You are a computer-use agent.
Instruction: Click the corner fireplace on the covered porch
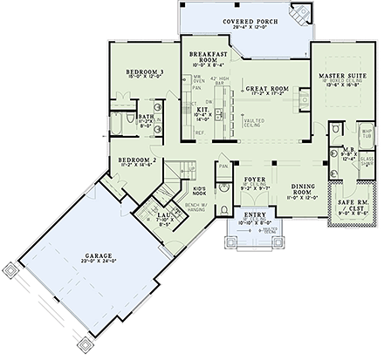pyautogui.click(x=302, y=13)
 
